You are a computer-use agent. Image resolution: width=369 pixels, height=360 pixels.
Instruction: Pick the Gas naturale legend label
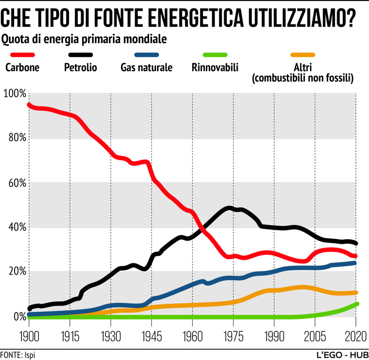coord(146,67)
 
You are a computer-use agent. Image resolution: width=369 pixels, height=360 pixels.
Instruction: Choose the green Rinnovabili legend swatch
coord(215,55)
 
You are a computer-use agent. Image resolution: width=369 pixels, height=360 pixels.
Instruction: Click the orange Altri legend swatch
coord(302,55)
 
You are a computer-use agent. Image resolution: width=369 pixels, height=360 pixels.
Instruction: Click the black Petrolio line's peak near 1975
coord(229,208)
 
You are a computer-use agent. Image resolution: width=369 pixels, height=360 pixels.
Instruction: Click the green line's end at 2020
coord(356,304)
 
